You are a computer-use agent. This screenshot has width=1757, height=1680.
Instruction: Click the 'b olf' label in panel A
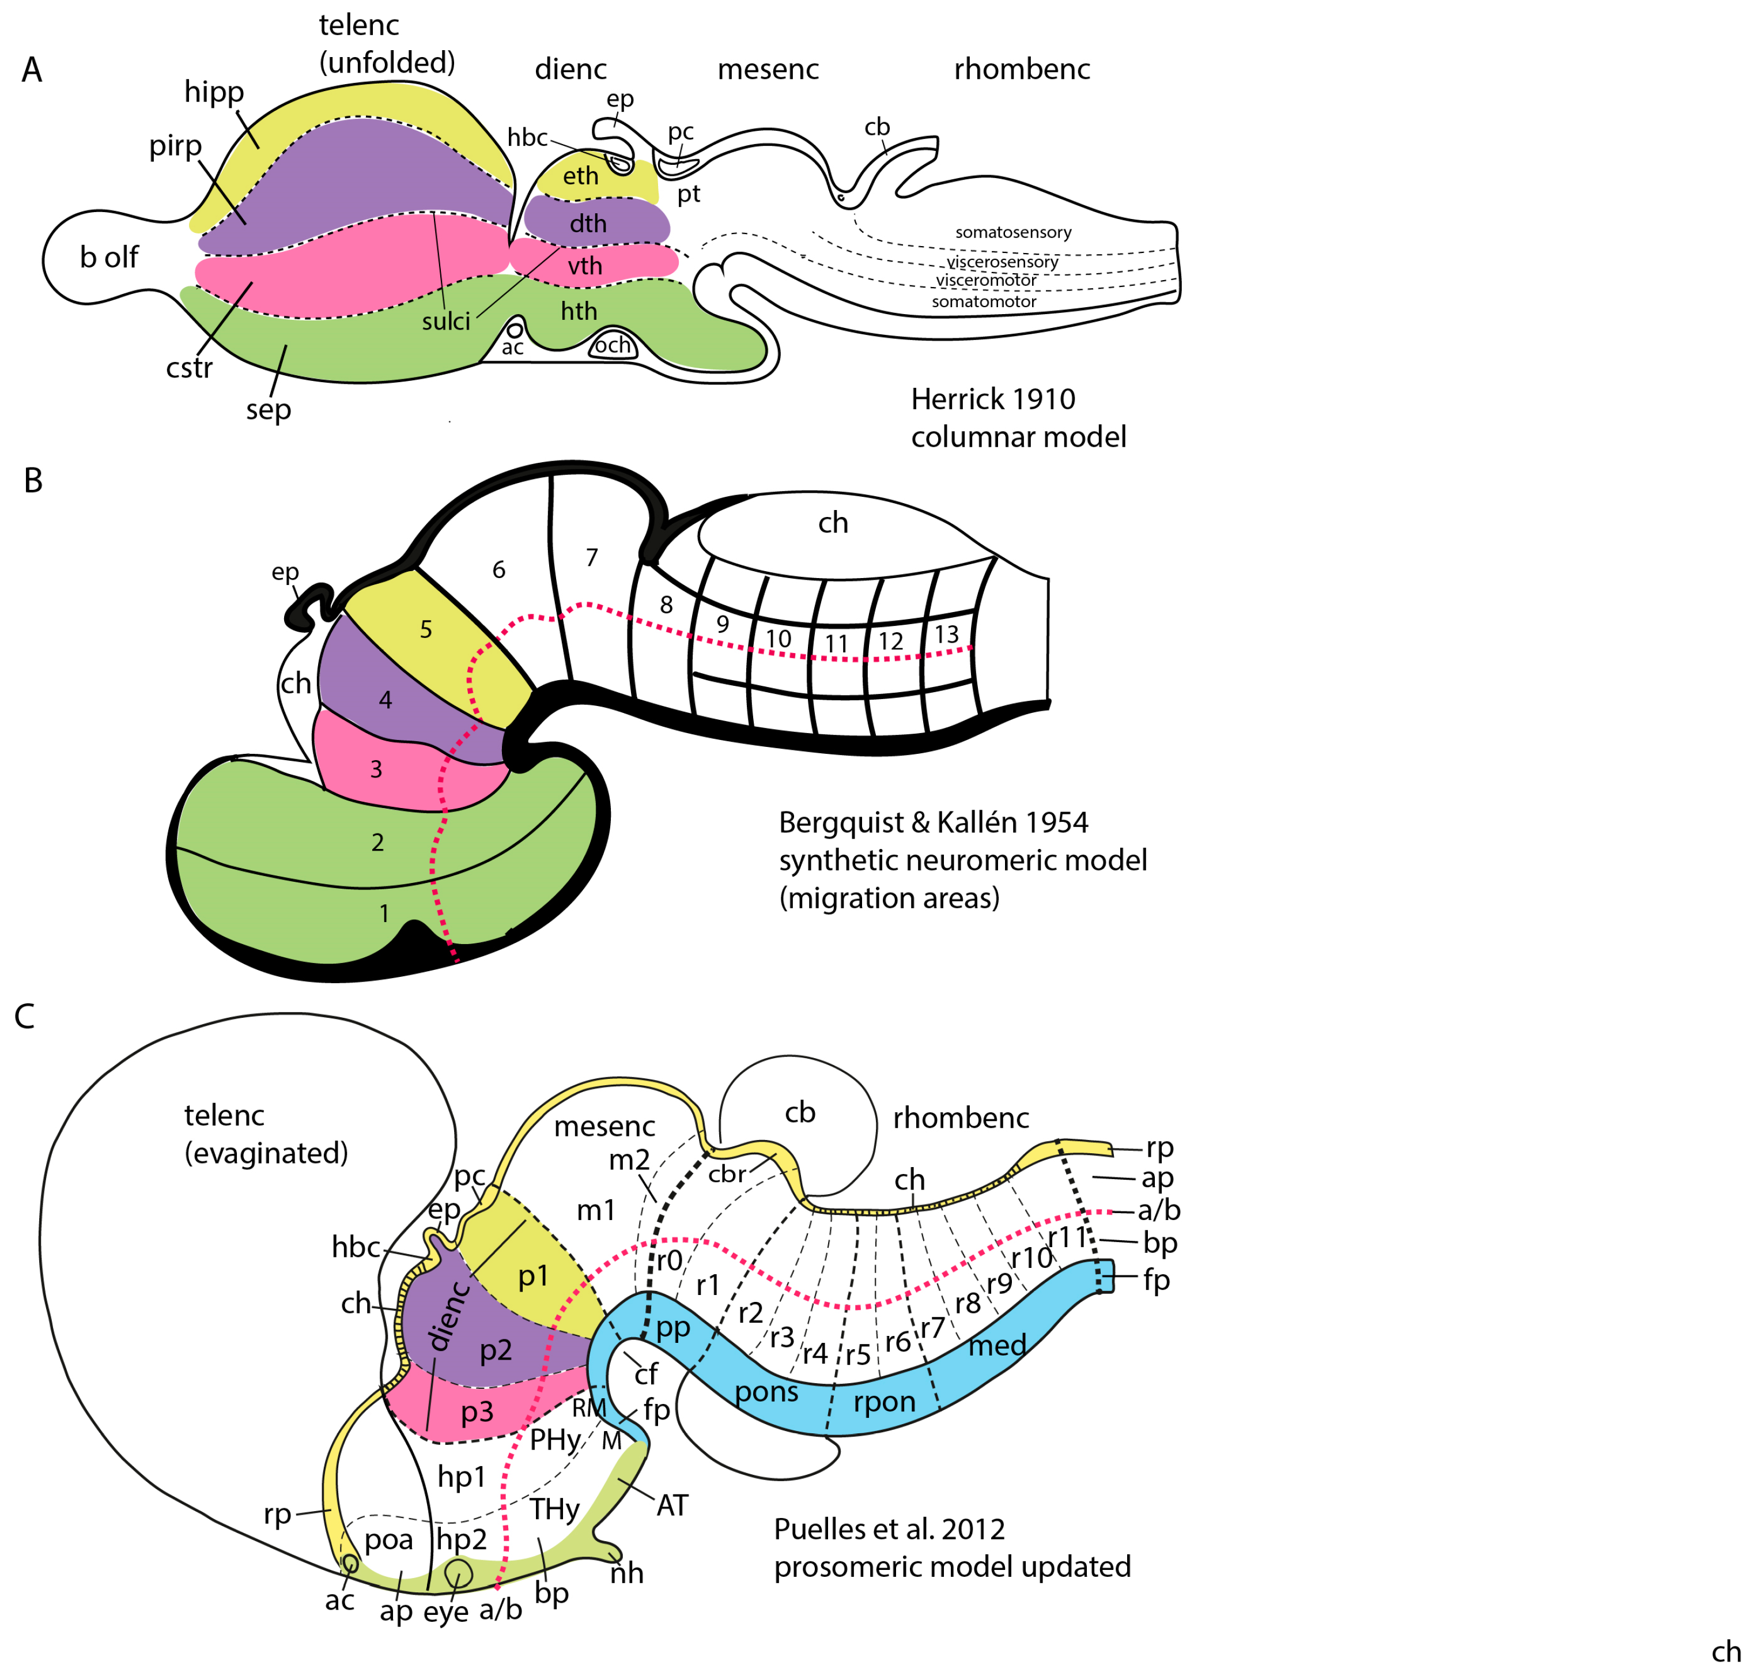pyautogui.click(x=109, y=257)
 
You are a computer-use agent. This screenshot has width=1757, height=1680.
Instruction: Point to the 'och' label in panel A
pyautogui.click(x=613, y=345)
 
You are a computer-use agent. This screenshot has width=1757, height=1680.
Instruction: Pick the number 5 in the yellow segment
pyautogui.click(x=426, y=629)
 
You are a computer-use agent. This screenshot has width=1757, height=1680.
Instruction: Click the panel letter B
pyautogui.click(x=33, y=481)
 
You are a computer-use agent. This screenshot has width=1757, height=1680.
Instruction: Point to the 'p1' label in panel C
pyautogui.click(x=533, y=1275)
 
